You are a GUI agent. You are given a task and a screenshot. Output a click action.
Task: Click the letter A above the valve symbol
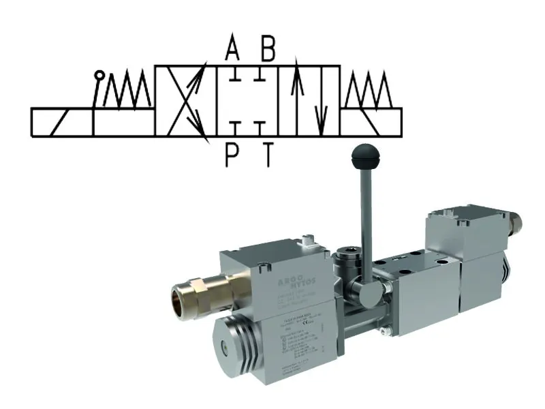pyautogui.click(x=233, y=50)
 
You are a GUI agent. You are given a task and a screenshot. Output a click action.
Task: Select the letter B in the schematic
pyautogui.click(x=268, y=50)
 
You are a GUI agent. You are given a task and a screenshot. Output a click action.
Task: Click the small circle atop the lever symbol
pyautogui.click(x=100, y=75)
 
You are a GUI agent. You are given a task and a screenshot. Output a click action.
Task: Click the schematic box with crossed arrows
pyautogui.click(x=186, y=101)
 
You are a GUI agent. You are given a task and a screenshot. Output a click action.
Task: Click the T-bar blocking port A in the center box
pyautogui.click(x=233, y=79)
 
